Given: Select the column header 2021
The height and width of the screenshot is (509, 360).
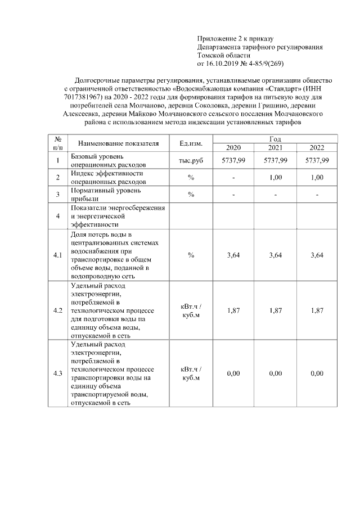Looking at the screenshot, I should point(275,147).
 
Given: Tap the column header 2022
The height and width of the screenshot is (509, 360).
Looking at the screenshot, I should point(317,147).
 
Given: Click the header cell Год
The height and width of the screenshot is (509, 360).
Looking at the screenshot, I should point(275,138).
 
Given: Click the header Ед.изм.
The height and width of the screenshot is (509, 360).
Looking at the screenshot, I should point(191,143).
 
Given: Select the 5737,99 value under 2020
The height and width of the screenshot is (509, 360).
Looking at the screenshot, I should point(233,160).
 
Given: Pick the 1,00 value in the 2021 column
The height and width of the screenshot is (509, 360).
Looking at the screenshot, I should point(275,177).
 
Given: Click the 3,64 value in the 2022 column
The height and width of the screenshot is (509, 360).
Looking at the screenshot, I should point(317,255).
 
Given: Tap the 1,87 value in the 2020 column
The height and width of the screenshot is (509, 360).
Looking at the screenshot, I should point(233,310).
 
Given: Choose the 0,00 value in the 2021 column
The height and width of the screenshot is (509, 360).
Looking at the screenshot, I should point(275,373).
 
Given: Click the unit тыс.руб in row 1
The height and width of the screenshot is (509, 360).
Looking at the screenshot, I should point(191,160).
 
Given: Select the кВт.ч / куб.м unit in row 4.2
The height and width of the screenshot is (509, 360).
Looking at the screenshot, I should point(191,310).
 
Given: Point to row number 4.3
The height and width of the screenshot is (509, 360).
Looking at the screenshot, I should point(57,373).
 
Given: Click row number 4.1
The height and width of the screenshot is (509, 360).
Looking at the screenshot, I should point(57,255).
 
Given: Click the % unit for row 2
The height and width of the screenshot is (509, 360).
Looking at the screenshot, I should point(191,177).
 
